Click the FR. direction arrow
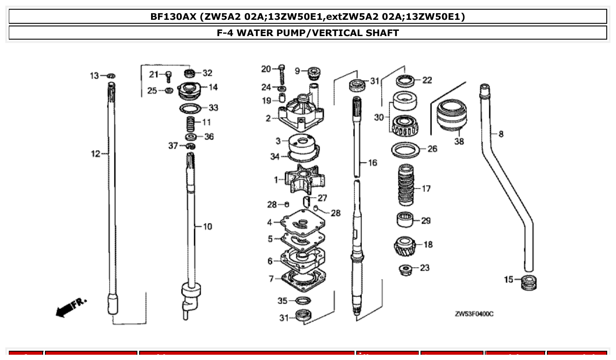click(x=71, y=306)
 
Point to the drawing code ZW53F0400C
click(x=474, y=314)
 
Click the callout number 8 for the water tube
click(x=501, y=134)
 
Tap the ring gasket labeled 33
click(x=191, y=108)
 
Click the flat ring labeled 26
click(x=405, y=150)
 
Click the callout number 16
click(x=373, y=163)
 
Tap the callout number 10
click(x=207, y=226)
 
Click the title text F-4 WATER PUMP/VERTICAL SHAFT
click(x=308, y=33)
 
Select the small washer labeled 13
click(x=111, y=76)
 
